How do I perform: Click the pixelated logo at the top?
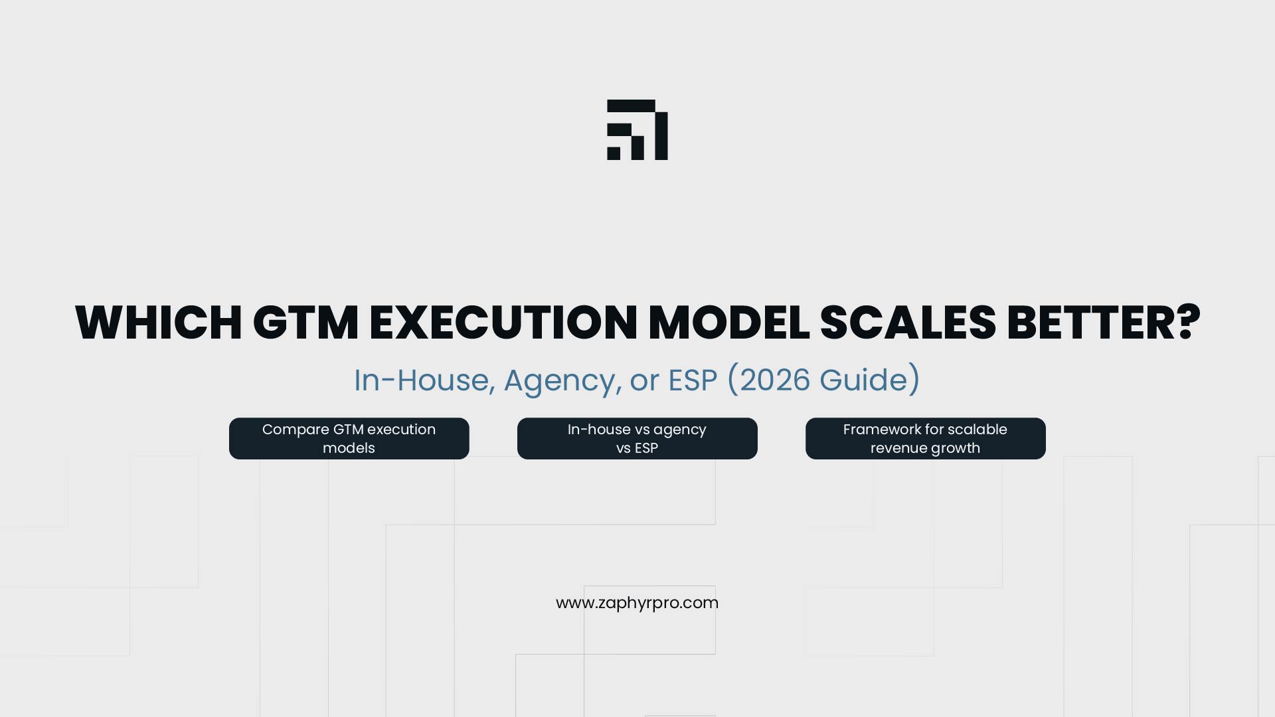(637, 130)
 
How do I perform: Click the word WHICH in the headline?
(159, 323)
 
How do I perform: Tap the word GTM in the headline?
(305, 323)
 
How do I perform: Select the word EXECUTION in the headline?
(503, 323)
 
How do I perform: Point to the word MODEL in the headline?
(728, 323)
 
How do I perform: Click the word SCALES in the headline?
(908, 323)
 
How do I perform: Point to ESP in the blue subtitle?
(693, 380)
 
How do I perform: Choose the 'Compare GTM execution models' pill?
(349, 438)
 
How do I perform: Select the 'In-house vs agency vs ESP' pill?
(637, 438)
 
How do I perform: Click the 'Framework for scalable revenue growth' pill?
(925, 438)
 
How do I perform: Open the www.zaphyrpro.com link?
(637, 603)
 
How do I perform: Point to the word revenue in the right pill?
(898, 448)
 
